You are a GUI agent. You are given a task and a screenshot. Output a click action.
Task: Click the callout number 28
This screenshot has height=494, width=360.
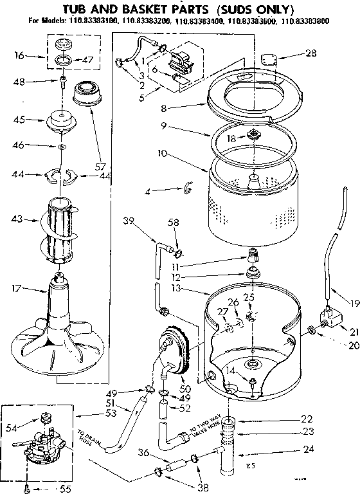[311, 53]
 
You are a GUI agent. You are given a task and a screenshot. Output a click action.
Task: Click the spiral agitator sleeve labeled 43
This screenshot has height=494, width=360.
[61, 232]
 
